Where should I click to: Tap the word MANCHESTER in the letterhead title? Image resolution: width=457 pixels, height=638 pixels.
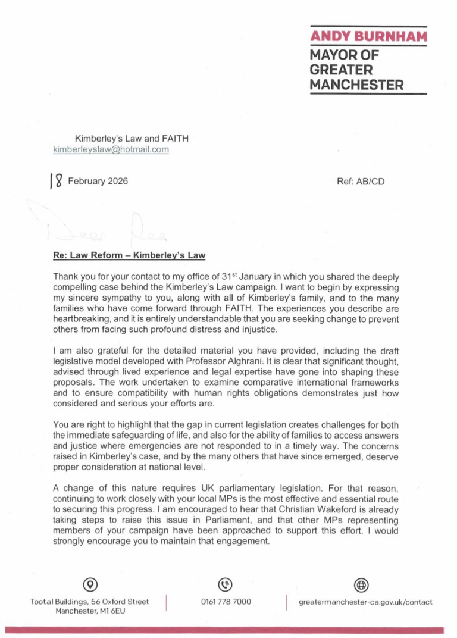[x=356, y=85]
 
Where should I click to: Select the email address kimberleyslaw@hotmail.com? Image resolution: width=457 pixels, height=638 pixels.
[x=111, y=150]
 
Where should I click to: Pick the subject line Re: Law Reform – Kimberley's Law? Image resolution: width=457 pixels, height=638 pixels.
[x=129, y=256]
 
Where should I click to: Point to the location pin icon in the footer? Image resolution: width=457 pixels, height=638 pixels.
[x=90, y=584]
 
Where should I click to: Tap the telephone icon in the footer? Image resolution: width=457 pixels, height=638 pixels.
[x=226, y=584]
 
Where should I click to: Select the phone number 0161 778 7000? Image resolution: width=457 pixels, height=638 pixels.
[x=226, y=602]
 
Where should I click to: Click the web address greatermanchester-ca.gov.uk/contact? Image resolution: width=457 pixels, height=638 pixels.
[x=365, y=602]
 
